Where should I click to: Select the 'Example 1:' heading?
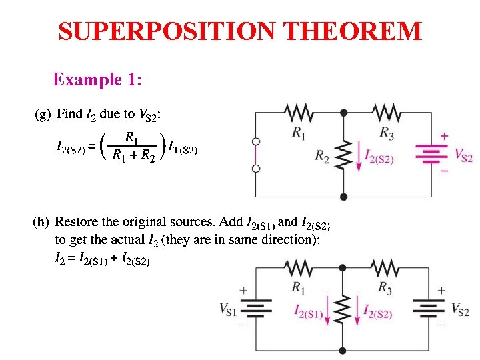point(97,80)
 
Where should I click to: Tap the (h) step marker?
point(42,221)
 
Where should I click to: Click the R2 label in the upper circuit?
point(323,157)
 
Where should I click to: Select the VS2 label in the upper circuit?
point(463,155)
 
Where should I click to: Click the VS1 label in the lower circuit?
point(227,309)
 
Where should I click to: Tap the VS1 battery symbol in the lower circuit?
point(257,308)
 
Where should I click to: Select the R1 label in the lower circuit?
point(298,287)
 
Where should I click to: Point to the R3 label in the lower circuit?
point(385,287)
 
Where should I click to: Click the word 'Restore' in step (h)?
point(79,221)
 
